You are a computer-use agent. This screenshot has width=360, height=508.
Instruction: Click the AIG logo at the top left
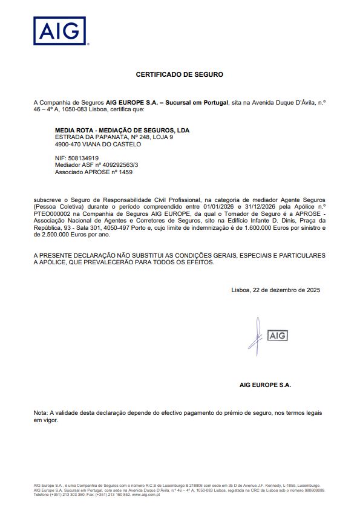click(59, 31)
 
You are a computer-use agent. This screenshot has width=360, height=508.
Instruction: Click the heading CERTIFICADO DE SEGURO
click(179, 74)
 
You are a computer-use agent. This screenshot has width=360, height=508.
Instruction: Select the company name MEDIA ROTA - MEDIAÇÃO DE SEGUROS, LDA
click(118, 130)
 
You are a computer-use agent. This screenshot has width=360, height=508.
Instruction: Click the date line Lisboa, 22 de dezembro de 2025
click(275, 290)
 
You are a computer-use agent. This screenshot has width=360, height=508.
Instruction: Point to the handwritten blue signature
click(255, 334)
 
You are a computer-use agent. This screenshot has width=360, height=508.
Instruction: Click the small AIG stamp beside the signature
click(277, 335)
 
